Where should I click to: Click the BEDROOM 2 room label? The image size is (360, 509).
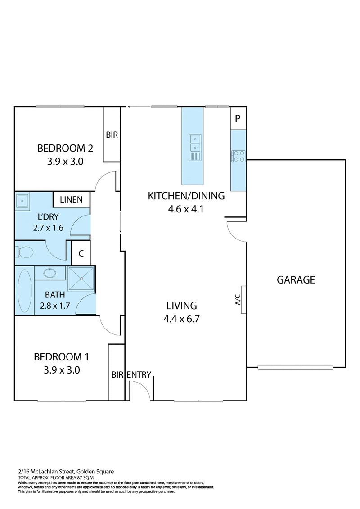(61, 148)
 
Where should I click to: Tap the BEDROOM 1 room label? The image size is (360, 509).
(61, 357)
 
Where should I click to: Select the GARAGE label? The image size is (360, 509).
(296, 279)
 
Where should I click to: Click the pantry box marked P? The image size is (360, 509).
(238, 119)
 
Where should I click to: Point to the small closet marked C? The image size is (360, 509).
(81, 253)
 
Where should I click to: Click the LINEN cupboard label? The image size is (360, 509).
(71, 199)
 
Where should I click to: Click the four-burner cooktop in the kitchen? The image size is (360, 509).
(238, 156)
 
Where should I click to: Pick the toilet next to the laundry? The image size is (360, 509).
(25, 252)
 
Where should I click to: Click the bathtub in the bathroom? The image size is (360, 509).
(25, 291)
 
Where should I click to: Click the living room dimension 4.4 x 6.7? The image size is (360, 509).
(182, 319)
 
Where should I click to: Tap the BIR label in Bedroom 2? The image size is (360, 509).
(112, 135)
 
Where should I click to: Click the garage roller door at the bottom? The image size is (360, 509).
(296, 367)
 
